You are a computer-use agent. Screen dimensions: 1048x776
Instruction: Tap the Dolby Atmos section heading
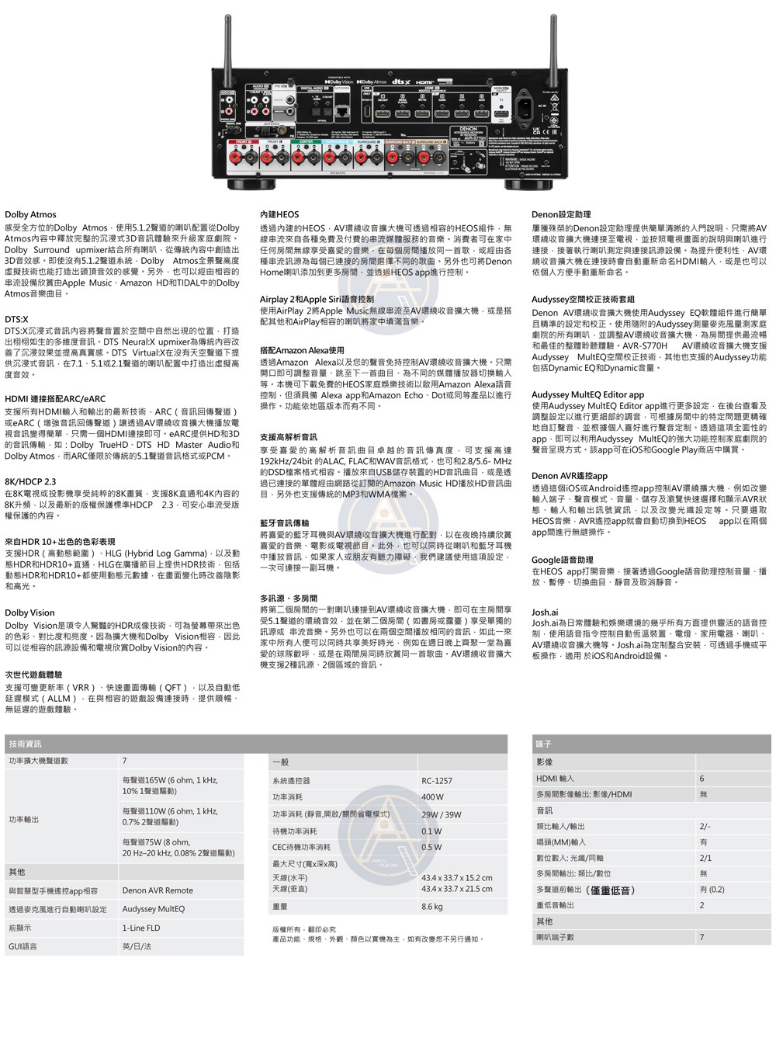pyautogui.click(x=30, y=215)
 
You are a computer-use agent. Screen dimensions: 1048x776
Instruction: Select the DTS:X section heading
pyautogui.click(x=16, y=320)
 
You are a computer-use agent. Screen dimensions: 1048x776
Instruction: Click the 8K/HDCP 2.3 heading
pyautogui.click(x=30, y=482)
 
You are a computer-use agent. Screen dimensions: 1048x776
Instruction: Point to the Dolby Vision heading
pyautogui.click(x=29, y=613)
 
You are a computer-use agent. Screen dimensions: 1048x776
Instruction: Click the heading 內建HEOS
pyautogui.click(x=279, y=215)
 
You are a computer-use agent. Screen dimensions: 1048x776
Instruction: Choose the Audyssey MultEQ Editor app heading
pyautogui.click(x=587, y=395)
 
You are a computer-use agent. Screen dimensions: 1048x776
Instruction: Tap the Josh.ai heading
pyautogui.click(x=545, y=613)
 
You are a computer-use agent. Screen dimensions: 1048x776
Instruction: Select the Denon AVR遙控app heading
pyautogui.click(x=570, y=477)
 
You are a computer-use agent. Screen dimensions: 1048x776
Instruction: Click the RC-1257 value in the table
pyautogui.click(x=437, y=781)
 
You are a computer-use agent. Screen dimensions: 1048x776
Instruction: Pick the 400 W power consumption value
pyautogui.click(x=432, y=797)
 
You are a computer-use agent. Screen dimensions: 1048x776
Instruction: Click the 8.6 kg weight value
pyautogui.click(x=432, y=907)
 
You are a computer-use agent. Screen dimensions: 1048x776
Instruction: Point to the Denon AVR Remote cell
pyautogui.click(x=158, y=891)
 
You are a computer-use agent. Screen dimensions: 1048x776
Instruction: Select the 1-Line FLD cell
pyautogui.click(x=141, y=928)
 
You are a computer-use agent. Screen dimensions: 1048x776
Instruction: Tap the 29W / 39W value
pyautogui.click(x=441, y=815)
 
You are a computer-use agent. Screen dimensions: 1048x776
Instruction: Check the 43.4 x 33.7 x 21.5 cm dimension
pyautogui.click(x=456, y=890)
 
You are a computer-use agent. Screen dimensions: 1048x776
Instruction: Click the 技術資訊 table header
pyautogui.click(x=25, y=744)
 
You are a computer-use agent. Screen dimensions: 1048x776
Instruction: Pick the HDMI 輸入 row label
pyautogui.click(x=555, y=779)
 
